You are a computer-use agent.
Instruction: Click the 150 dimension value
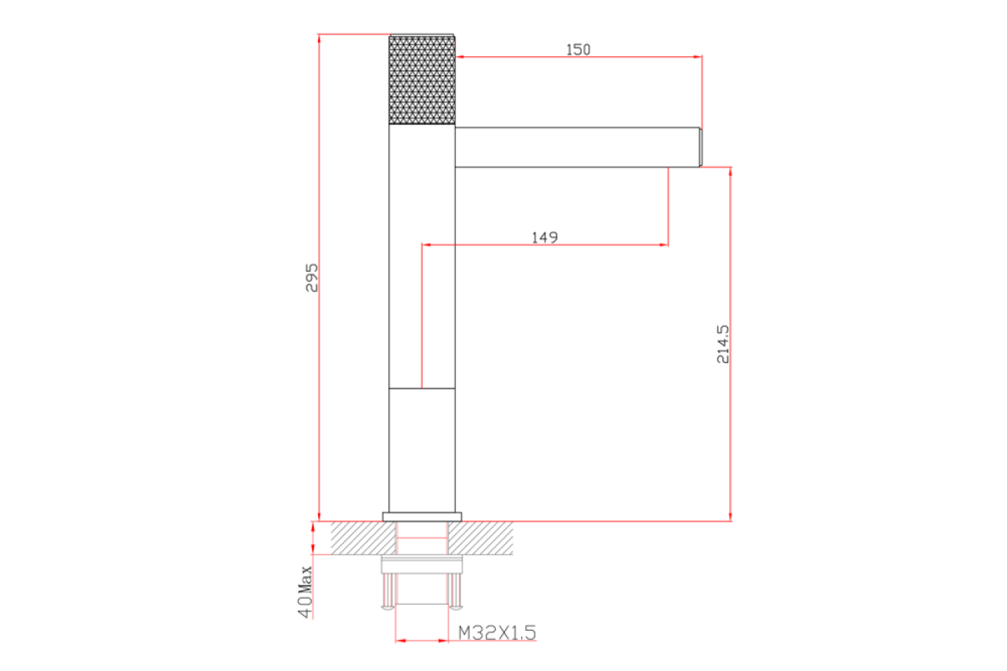pyautogui.click(x=578, y=49)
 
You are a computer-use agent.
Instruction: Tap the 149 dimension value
pyautogui.click(x=545, y=237)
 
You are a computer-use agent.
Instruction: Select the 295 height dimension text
pyautogui.click(x=311, y=278)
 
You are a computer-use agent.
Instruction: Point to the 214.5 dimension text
pyautogui.click(x=723, y=344)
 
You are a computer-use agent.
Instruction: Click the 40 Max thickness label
pyautogui.click(x=305, y=592)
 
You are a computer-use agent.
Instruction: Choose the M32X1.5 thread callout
pyautogui.click(x=497, y=632)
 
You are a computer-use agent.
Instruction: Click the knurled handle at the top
pyautogui.click(x=421, y=80)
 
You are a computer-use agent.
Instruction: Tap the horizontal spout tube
pyautogui.click(x=577, y=148)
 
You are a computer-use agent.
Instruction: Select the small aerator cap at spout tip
pyautogui.click(x=701, y=148)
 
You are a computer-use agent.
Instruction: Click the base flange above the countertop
pyautogui.click(x=421, y=517)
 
